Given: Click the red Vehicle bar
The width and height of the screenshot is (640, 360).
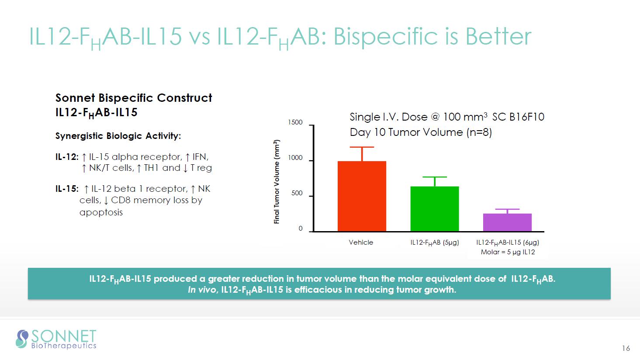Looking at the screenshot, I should click(362, 196).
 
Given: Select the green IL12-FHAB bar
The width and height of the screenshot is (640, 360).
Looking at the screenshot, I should click(435, 209).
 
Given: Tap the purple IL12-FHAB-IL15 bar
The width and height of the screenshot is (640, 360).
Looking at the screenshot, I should click(507, 222).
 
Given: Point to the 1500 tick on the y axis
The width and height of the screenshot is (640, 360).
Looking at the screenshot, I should click(295, 123).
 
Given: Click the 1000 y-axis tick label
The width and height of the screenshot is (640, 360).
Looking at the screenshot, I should click(295, 158).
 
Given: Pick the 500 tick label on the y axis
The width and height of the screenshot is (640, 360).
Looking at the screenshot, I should click(297, 194).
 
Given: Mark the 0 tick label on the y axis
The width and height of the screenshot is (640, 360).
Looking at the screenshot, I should click(301, 229).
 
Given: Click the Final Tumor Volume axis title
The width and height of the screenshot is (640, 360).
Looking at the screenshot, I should click(277, 182).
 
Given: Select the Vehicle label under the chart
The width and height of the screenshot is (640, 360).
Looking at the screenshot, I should click(361, 242).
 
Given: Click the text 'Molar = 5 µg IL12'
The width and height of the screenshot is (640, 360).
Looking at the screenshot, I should click(508, 252).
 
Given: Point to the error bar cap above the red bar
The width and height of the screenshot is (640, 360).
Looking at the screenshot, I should click(362, 147).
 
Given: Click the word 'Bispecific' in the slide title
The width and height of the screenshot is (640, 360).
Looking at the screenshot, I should click(384, 36).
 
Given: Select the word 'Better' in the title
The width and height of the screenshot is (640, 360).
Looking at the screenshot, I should click(498, 36).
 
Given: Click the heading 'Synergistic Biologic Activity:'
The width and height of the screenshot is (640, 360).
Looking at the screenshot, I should click(118, 136).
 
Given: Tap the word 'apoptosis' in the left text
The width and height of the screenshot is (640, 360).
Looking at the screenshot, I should click(101, 213).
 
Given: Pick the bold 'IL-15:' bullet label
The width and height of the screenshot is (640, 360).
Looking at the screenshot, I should click(67, 189).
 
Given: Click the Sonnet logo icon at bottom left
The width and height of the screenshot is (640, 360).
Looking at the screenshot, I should click(22, 339).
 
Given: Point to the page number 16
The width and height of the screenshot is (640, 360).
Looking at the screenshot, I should click(626, 348).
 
